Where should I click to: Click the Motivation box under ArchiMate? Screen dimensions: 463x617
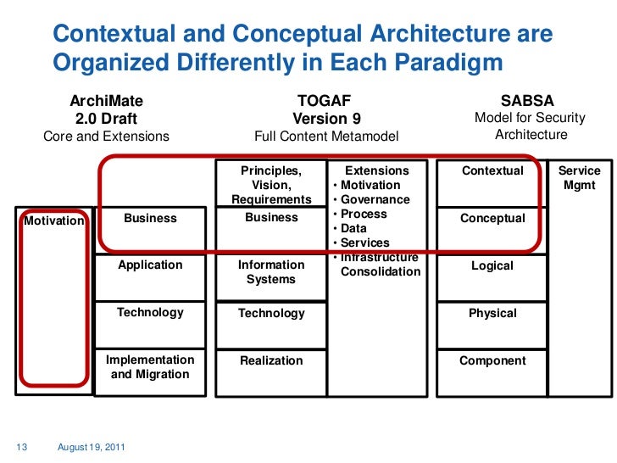[x=54, y=221]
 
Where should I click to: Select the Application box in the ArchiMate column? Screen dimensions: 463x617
[x=150, y=265]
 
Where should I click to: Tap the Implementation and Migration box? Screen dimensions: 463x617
[x=150, y=367]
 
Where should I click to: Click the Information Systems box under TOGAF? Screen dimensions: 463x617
[x=271, y=272]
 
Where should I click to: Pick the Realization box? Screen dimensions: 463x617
[x=271, y=360]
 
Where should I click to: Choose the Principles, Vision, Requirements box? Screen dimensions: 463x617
[x=271, y=185]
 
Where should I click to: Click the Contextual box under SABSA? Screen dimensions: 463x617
[x=492, y=171]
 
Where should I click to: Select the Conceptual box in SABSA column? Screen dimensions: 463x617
[x=492, y=219]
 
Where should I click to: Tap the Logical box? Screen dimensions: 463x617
[x=492, y=266]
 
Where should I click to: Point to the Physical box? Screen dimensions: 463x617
[x=492, y=314]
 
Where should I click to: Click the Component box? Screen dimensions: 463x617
[x=492, y=361]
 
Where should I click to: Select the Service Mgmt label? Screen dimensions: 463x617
[x=579, y=178]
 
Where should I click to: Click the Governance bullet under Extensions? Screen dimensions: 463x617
[x=375, y=200]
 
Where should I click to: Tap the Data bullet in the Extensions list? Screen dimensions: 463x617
[x=353, y=229]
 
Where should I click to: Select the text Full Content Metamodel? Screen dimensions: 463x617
[x=326, y=136]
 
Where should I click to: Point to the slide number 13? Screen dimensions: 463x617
[x=22, y=447]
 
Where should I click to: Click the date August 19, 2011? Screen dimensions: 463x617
[x=89, y=447]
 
